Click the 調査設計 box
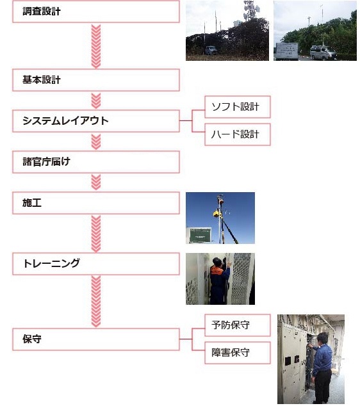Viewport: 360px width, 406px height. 96,12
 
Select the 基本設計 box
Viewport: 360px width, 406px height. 96,80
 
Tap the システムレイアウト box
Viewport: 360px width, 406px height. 96,121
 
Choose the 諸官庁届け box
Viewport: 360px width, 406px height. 96,162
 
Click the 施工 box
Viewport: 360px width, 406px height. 96,203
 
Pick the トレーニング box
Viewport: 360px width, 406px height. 96,264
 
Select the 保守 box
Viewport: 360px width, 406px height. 96,339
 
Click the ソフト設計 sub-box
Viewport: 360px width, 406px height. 238,107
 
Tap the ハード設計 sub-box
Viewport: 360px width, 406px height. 238,134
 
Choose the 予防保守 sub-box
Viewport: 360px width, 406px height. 238,325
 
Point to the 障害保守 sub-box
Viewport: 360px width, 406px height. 238,353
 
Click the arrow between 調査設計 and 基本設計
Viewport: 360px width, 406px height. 96,46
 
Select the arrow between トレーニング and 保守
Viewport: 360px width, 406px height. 96,301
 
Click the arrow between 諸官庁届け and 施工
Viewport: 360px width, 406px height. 96,183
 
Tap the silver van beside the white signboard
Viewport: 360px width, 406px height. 323,53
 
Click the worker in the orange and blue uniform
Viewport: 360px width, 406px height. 219,281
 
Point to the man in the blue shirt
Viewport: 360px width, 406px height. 322,368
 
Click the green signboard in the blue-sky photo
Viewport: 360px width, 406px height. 200,235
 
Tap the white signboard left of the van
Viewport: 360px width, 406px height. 287,51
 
